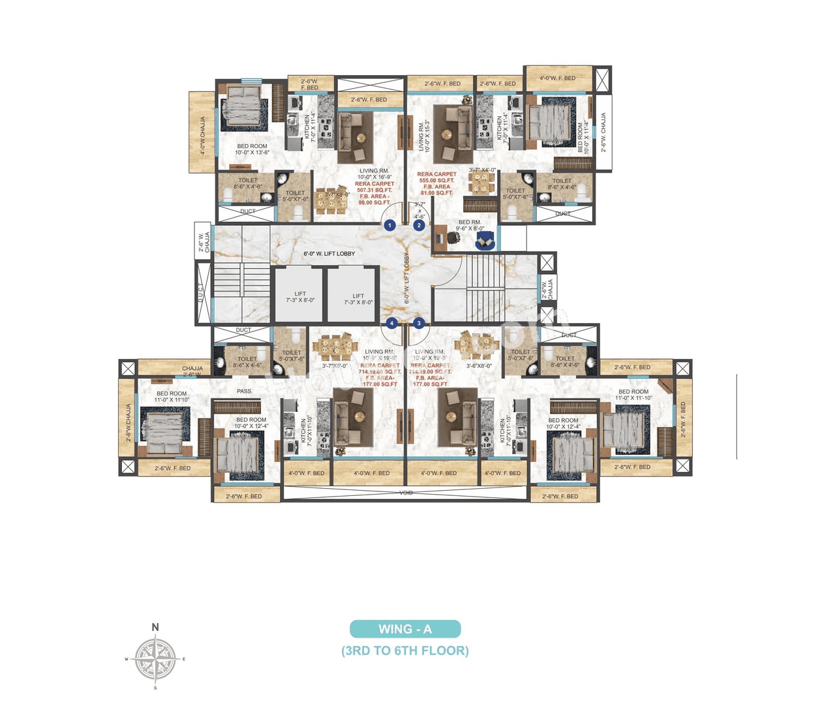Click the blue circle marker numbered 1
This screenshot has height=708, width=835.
tap(389, 225)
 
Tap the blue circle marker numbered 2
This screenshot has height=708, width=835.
tap(419, 225)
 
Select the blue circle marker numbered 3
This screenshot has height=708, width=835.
tap(419, 323)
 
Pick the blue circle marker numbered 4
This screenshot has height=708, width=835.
tap(391, 323)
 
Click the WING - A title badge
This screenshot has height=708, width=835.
tap(405, 629)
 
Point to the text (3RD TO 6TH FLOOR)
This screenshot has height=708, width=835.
tap(405, 651)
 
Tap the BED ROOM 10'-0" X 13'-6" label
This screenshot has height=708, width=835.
tap(252, 149)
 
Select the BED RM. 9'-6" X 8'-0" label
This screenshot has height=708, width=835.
tap(470, 225)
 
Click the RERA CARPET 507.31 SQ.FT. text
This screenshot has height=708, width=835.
tap(374, 187)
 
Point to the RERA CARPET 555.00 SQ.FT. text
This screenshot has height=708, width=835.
tap(436, 177)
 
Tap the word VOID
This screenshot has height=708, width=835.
tap(406, 493)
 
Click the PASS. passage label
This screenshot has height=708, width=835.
tap(245, 391)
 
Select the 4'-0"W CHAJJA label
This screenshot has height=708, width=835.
tap(203, 136)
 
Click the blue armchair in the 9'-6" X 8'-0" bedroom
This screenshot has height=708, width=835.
tap(485, 242)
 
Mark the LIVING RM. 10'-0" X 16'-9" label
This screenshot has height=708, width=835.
tap(374, 174)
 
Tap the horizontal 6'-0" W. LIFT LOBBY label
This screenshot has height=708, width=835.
tap(329, 253)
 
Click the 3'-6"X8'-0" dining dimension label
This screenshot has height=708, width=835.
tap(479, 366)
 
